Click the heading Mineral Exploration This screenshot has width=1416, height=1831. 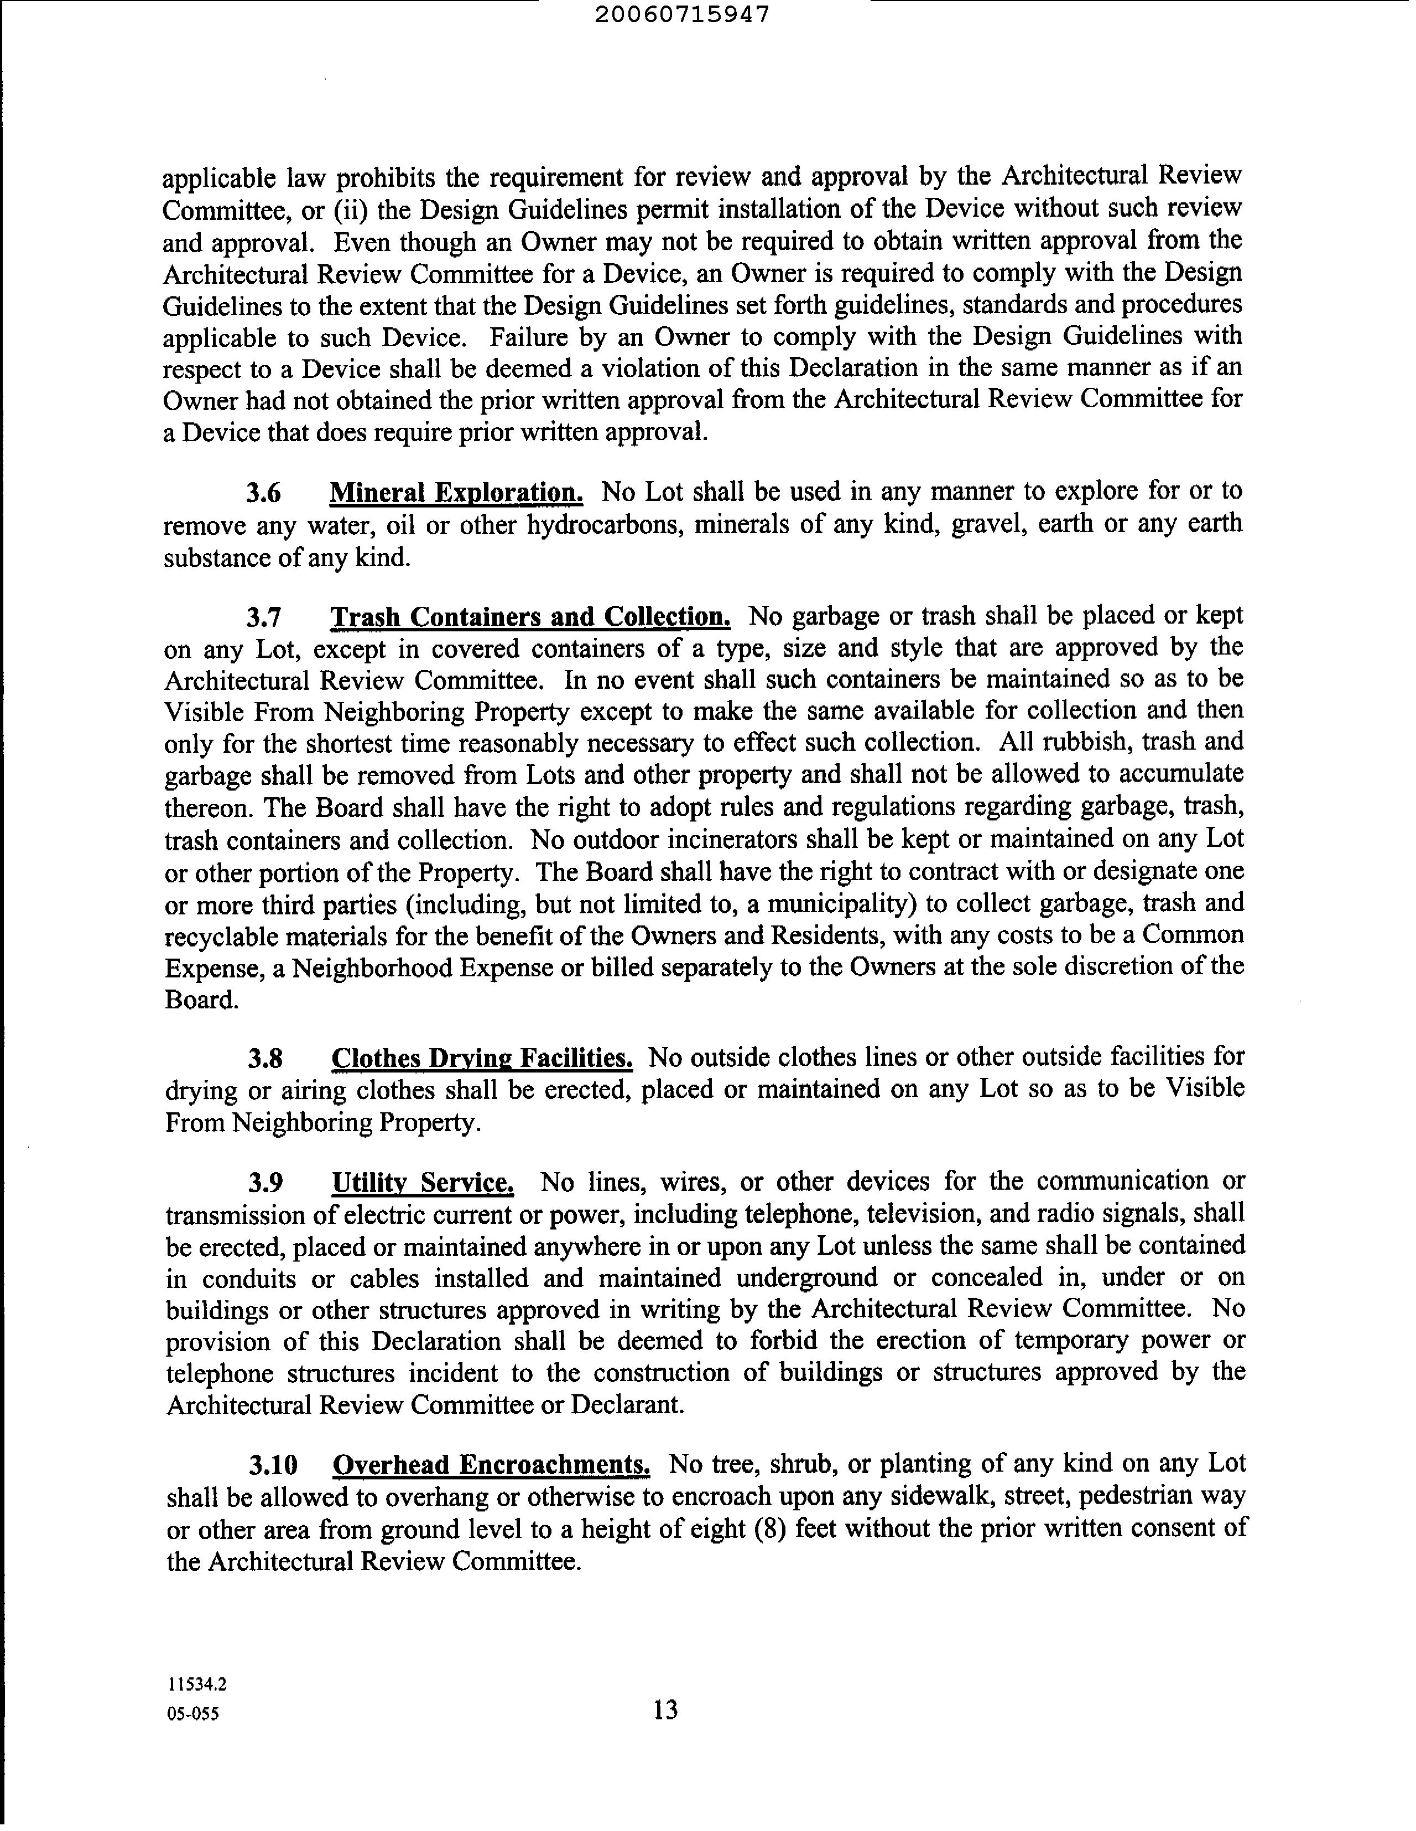[456, 492]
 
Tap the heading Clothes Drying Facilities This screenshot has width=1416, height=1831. [482, 1059]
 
